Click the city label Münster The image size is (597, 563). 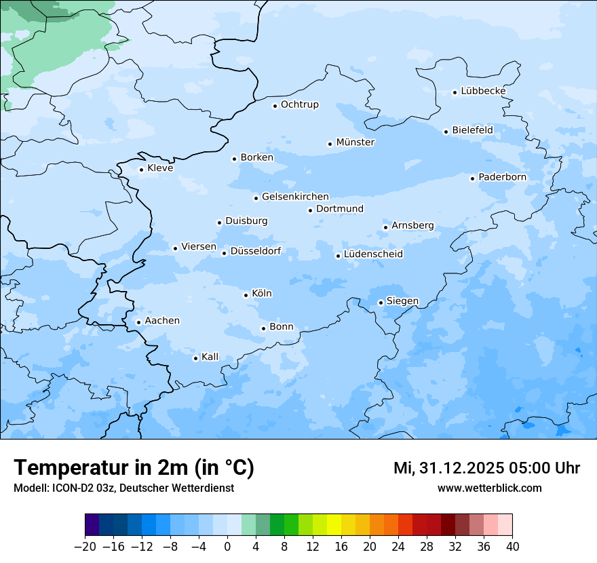tap(355, 142)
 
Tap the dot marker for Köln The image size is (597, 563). tap(246, 295)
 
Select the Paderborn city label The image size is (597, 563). tap(502, 177)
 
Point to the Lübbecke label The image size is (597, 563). tap(483, 91)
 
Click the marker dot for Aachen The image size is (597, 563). tap(138, 323)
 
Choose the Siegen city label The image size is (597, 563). tap(402, 301)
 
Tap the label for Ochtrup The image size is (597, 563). tap(299, 104)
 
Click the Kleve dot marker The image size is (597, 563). tap(141, 170)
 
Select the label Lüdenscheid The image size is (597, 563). tap(373, 254)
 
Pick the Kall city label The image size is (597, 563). tap(210, 357)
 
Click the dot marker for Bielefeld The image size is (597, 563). tap(446, 132)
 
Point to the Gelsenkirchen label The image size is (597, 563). tap(295, 197)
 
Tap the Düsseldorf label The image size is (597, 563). tap(255, 251)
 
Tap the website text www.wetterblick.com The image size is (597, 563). tap(489, 488)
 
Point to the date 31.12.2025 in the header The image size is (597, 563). tap(453, 468)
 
